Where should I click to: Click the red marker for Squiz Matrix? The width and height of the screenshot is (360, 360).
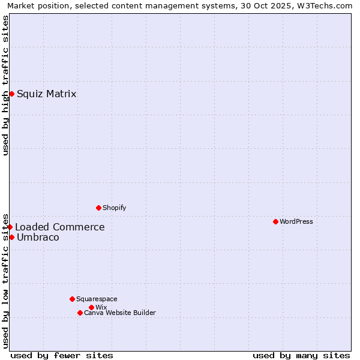[11, 94]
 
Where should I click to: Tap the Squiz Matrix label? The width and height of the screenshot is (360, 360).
[46, 94]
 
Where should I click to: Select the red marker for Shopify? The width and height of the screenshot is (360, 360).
[98, 208]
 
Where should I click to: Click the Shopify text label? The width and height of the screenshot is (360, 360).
[114, 208]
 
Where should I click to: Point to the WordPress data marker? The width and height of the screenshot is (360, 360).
[275, 221]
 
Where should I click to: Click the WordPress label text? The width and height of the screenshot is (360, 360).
[296, 221]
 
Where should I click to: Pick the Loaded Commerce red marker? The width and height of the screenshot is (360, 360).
[10, 227]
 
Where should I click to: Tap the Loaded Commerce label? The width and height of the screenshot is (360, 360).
[59, 227]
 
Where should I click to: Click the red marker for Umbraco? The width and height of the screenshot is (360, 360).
[11, 237]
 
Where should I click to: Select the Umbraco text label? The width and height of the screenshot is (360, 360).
[38, 237]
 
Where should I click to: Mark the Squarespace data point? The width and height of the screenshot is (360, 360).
[72, 299]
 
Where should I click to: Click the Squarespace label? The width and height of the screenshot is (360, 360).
[97, 299]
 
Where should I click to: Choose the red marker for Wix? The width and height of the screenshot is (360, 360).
[91, 307]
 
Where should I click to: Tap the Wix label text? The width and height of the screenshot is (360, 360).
[101, 307]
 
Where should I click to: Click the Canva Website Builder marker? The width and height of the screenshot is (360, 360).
[80, 313]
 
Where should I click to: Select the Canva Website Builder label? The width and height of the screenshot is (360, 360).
[119, 313]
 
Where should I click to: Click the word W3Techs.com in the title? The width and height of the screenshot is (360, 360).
[326, 5]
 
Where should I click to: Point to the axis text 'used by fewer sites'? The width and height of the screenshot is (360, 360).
[62, 355]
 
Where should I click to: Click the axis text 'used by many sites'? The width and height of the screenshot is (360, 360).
[301, 355]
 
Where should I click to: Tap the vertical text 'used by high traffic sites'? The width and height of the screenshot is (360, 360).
[5, 85]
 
